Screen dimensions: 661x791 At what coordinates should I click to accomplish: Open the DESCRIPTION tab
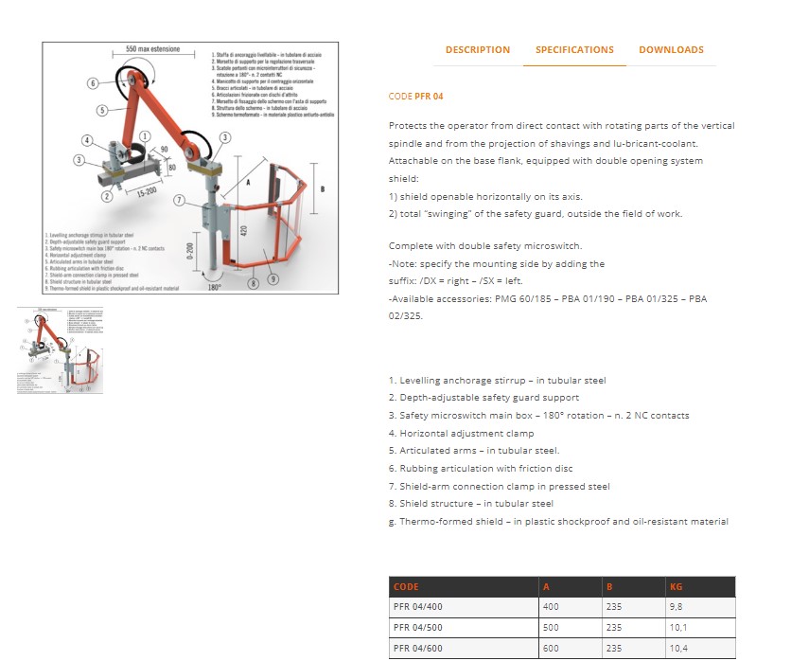(x=477, y=50)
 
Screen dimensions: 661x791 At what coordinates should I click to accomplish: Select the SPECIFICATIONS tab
(x=574, y=50)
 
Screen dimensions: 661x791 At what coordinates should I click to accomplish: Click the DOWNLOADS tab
(x=671, y=50)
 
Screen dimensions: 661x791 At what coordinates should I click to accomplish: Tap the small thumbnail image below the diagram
(x=60, y=349)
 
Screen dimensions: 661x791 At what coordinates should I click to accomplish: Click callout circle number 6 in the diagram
(x=94, y=83)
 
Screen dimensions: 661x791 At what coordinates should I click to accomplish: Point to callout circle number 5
(x=101, y=111)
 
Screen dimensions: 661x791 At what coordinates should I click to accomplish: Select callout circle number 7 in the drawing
(x=180, y=200)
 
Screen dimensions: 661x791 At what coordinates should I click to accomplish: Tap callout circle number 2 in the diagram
(x=107, y=196)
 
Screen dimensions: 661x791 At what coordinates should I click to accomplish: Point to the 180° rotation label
(x=214, y=285)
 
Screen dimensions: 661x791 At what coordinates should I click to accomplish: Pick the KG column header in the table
(x=676, y=587)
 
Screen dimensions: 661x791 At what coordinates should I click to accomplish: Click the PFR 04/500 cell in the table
(x=418, y=627)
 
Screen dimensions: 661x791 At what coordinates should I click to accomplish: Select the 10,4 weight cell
(x=678, y=649)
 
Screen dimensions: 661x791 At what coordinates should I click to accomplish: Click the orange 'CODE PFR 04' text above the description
(x=415, y=97)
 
